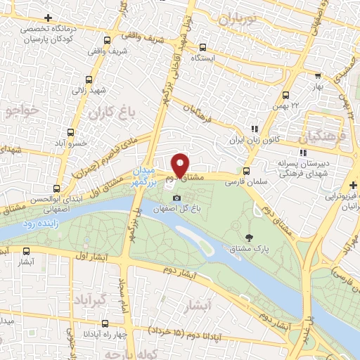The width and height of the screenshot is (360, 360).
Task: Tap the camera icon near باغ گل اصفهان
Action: [x=176, y=198]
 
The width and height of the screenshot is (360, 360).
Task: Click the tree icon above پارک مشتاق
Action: [x=249, y=238]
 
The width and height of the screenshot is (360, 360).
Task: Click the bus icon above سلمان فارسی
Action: [x=245, y=171]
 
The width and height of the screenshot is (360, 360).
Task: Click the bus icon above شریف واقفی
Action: [x=108, y=40]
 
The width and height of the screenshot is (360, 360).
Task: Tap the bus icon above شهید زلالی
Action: [x=89, y=79]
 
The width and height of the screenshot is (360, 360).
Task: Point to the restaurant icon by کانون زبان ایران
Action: [x=255, y=129]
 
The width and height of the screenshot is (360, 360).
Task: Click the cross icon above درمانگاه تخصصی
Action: [x=47, y=18]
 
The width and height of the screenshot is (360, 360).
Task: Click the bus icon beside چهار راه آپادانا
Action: [x=105, y=324]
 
